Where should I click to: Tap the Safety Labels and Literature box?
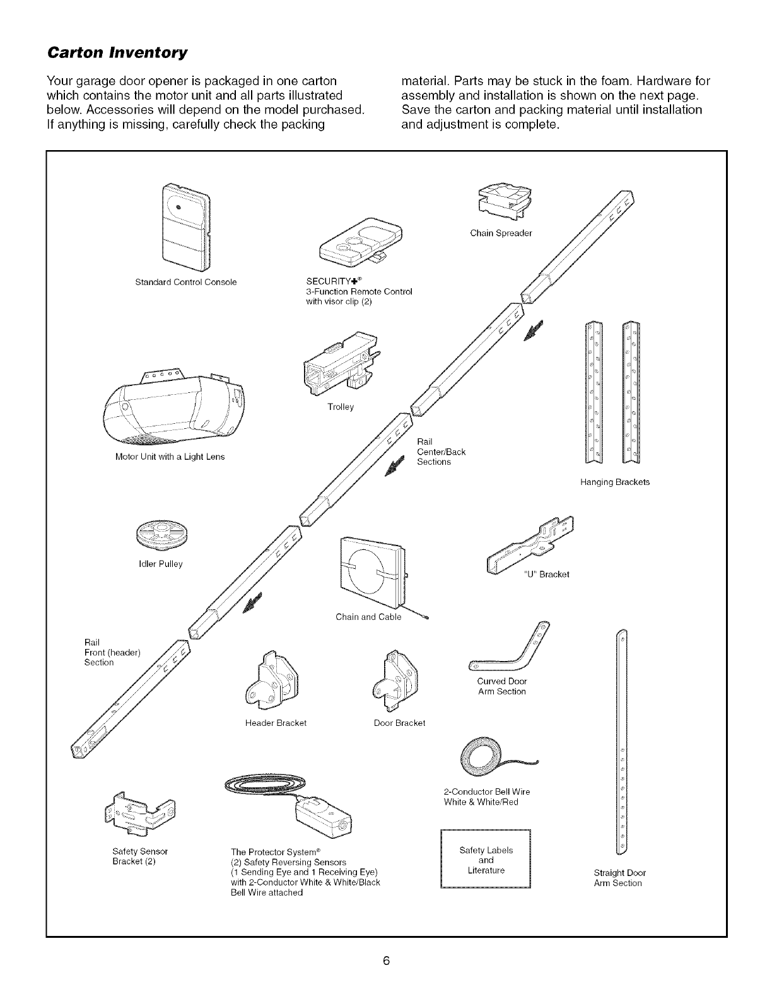point(486,860)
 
